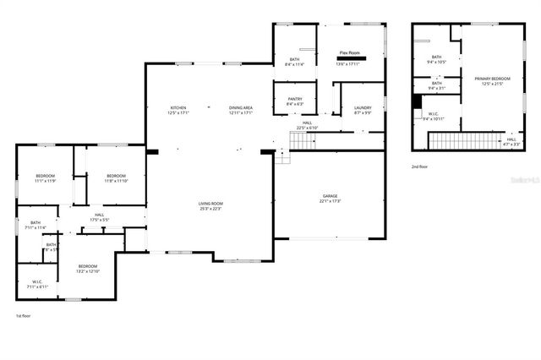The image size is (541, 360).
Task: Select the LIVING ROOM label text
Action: click(x=210, y=205)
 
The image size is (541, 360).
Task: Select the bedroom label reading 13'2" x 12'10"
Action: click(x=89, y=268)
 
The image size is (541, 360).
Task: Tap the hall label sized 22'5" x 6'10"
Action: click(x=307, y=126)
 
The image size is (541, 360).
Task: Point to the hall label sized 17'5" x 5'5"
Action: click(x=99, y=218)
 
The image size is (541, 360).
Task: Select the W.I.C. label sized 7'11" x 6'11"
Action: click(x=37, y=284)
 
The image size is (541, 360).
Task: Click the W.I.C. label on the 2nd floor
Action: click(x=433, y=116)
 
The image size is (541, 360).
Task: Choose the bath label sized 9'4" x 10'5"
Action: click(x=437, y=59)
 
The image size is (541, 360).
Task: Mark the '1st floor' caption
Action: click(x=25, y=316)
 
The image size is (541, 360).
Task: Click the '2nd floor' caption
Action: click(x=420, y=166)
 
